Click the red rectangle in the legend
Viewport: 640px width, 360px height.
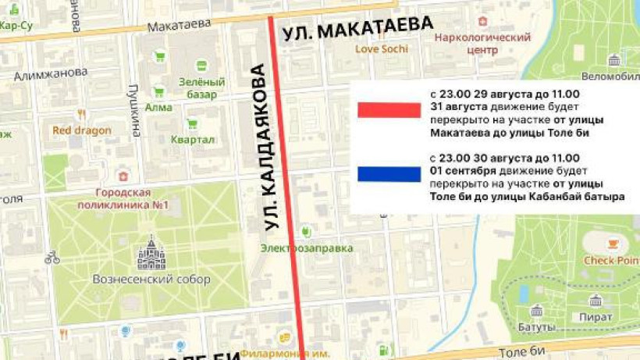pos(389,110)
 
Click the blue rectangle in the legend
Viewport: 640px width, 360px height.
pos(389,173)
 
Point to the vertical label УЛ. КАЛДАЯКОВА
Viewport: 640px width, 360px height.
pos(262,152)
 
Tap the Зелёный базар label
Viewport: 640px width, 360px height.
pos(201,87)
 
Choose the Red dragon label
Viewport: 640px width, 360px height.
pos(82,130)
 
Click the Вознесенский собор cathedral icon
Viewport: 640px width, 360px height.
pos(151,255)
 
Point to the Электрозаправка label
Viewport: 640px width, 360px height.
pos(307,248)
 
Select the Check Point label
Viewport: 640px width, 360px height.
pos(611,260)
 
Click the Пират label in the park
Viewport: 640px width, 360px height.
pos(596,317)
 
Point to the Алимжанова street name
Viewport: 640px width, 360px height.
pos(50,73)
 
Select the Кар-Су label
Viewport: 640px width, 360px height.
pos(16,25)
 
